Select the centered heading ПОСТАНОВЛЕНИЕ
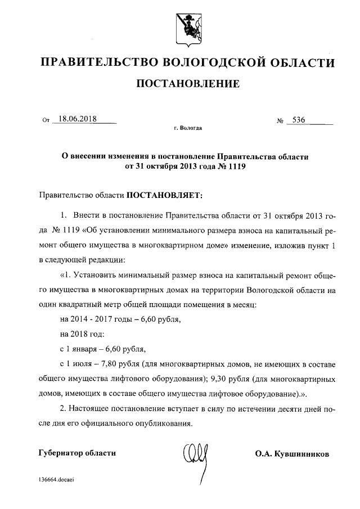coord(188,84)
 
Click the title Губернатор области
coord(77,453)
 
